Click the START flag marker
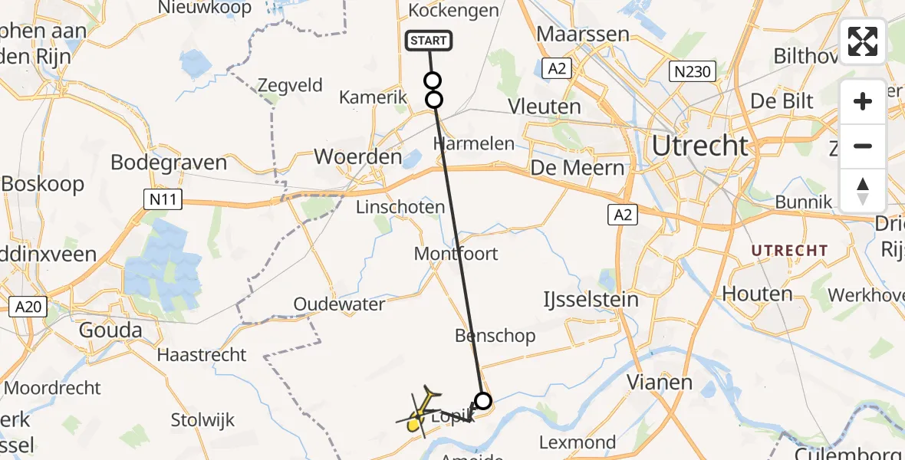[429, 41]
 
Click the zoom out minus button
[863, 146]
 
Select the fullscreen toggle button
[863, 41]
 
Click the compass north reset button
[863, 191]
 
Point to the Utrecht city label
[700, 145]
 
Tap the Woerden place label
[358, 157]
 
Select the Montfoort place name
[456, 254]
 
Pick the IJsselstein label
[591, 299]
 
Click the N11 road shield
[156, 200]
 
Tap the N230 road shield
[691, 73]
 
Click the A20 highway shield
[28, 307]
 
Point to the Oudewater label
[340, 304]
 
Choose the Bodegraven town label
[169, 163]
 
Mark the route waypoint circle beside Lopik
[483, 400]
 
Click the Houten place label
[757, 294]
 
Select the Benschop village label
[495, 336]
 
